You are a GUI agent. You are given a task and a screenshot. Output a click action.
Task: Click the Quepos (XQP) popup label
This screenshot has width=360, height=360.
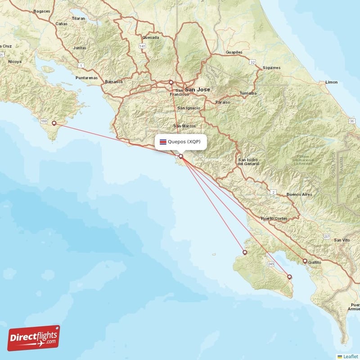(x=184, y=142)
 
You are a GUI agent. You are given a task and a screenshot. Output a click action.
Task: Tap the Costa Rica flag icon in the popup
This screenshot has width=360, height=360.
(x=163, y=142)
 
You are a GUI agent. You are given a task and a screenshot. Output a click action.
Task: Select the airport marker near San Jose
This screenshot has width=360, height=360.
(x=171, y=82)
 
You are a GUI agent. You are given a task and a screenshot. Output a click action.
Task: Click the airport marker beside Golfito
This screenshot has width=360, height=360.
(x=305, y=261)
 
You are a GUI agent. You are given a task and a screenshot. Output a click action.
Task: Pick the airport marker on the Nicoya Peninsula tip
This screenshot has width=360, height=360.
(x=54, y=123)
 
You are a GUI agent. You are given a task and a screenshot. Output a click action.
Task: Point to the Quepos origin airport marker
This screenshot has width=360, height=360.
(x=181, y=157)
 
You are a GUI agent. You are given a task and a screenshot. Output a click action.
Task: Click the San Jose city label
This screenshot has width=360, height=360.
(x=198, y=90)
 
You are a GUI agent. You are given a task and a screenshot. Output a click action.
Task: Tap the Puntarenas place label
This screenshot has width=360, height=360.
(x=87, y=78)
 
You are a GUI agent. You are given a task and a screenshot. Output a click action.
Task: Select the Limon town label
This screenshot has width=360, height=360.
(x=331, y=82)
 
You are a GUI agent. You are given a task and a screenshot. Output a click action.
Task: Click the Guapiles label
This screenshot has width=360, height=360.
(x=234, y=53)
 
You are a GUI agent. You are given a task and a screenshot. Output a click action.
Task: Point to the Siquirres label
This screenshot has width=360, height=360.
(x=271, y=68)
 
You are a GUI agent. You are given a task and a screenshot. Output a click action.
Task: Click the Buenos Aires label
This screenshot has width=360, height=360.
(x=299, y=194)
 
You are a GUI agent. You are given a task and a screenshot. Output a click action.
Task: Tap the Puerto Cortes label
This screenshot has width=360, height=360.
(x=274, y=219)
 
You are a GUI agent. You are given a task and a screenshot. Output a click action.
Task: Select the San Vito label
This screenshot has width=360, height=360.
(x=342, y=241)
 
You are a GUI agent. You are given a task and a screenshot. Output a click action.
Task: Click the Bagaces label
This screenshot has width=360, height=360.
(x=41, y=11)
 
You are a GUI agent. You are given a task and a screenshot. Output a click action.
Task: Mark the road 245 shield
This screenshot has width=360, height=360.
(x=270, y=263)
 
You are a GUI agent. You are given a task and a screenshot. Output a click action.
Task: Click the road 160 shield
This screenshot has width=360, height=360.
(x=44, y=121)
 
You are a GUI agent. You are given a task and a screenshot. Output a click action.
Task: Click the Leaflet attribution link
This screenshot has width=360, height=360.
(x=350, y=356)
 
